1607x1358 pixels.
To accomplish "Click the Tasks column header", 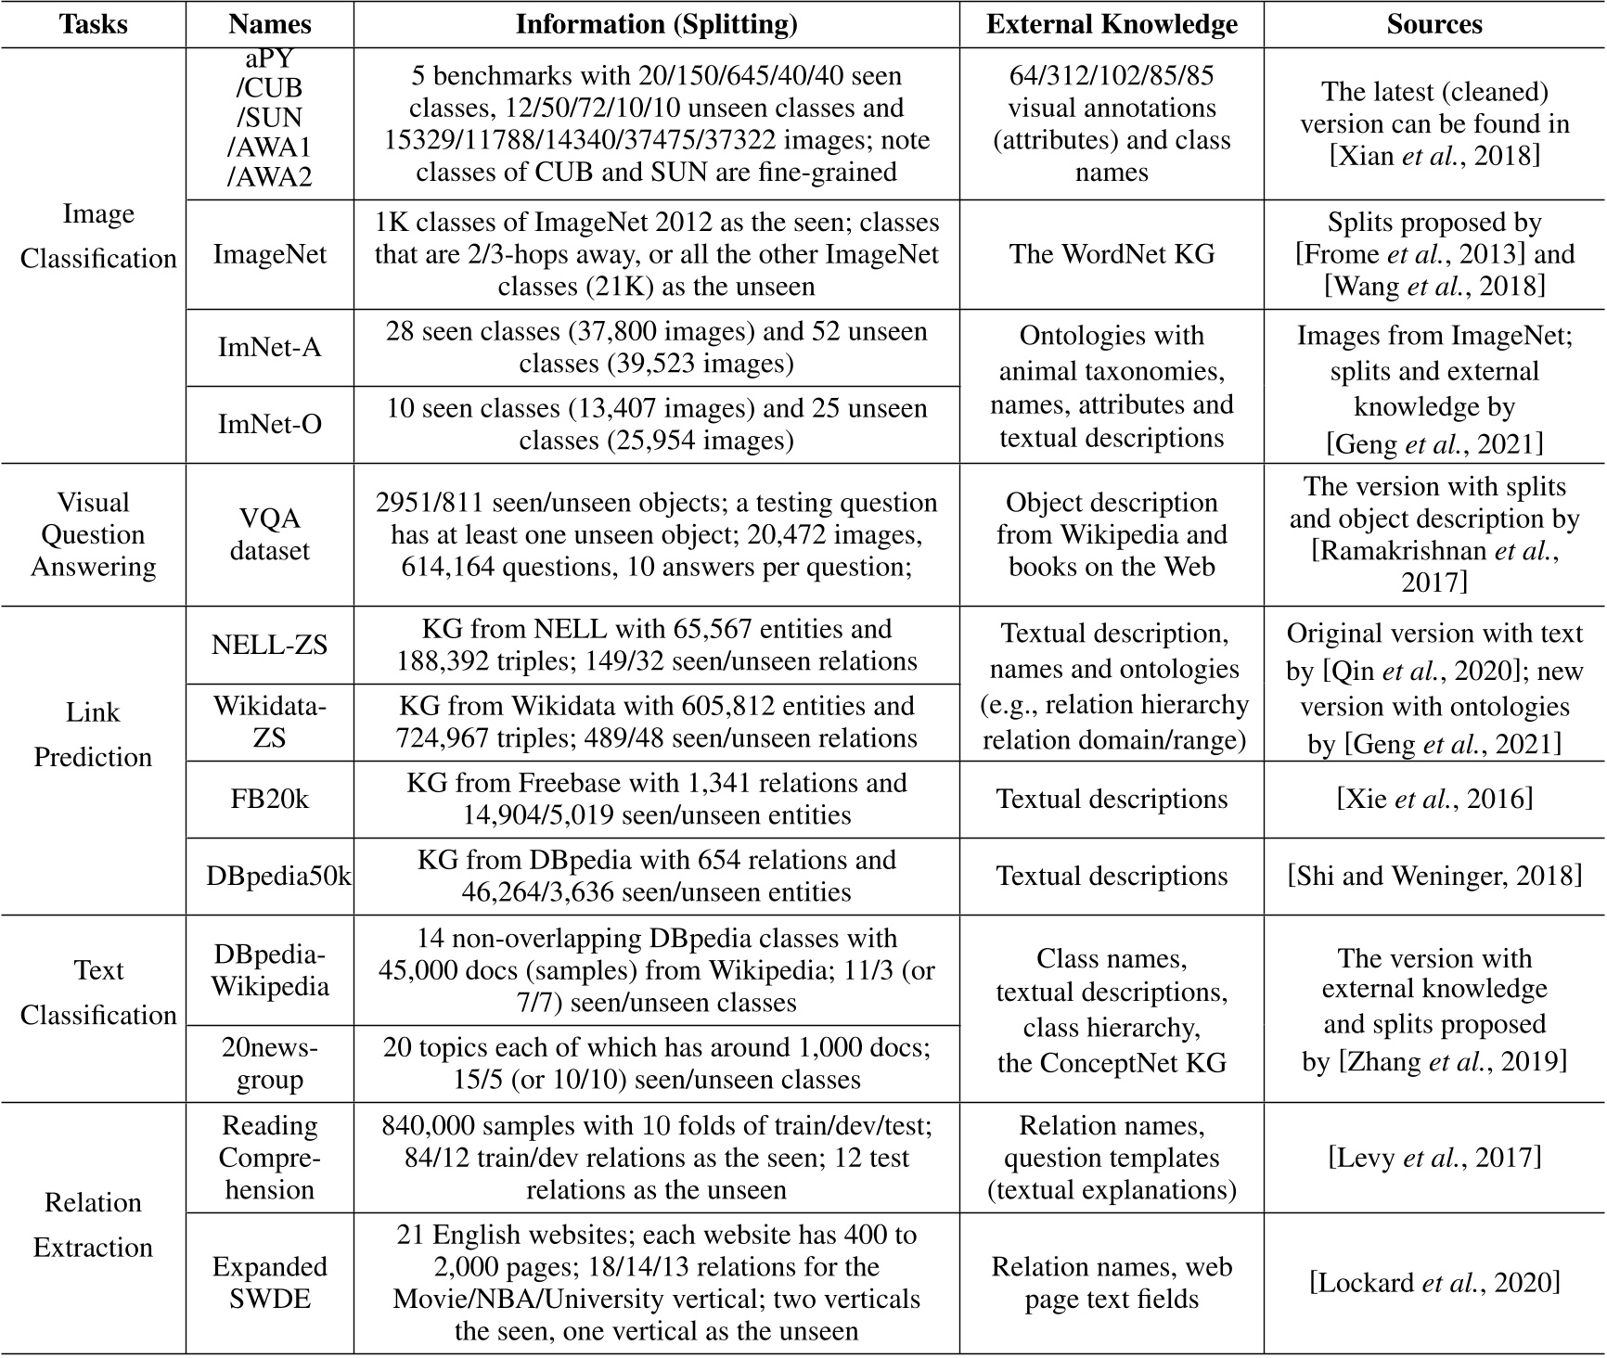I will pos(93,24).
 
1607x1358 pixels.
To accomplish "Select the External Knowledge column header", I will pos(1112,24).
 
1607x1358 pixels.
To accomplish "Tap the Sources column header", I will pos(1434,24).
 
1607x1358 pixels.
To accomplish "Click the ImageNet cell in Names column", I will pos(269,254).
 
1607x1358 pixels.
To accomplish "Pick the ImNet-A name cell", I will pos(269,347).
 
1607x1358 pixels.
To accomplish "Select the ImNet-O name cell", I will pos(269,424).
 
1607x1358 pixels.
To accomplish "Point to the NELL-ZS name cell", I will pos(269,645).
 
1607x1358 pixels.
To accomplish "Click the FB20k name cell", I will pos(269,799).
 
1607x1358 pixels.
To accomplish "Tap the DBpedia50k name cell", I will pos(278,876).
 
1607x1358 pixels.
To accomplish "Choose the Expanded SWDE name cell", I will pos(269,1282).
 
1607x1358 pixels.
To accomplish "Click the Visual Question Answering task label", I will pos(93,534).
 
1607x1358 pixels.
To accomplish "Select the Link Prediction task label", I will pos(93,735).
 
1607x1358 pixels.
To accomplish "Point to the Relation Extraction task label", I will pos(93,1224).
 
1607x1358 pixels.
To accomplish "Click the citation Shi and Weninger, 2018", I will pos(1434,876).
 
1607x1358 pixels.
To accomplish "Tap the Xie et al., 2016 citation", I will pos(1434,799).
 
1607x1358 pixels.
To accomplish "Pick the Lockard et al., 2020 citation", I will pos(1434,1282).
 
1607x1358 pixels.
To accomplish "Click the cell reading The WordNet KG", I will pos(1112,254).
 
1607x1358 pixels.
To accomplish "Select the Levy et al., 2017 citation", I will pos(1434,1158).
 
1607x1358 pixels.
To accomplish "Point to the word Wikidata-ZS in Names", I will pos(269,722).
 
